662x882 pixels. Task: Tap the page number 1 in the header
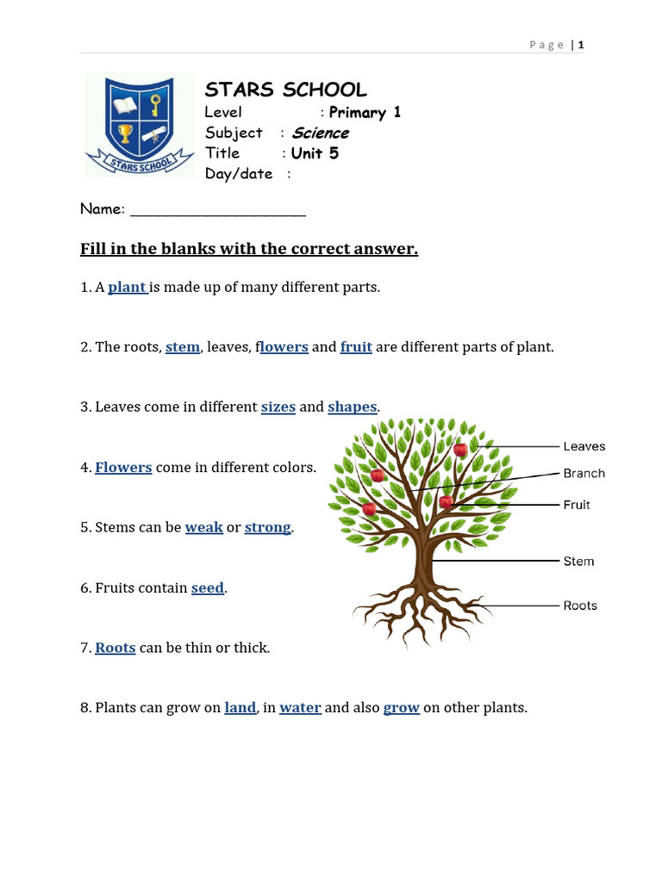pyautogui.click(x=582, y=45)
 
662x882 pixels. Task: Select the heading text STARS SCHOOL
pyautogui.click(x=285, y=90)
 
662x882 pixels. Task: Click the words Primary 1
pyautogui.click(x=365, y=112)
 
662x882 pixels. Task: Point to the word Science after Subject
pyautogui.click(x=320, y=133)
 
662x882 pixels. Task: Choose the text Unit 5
pyautogui.click(x=315, y=153)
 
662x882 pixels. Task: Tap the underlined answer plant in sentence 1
pyautogui.click(x=128, y=287)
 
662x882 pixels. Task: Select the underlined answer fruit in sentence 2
pyautogui.click(x=356, y=347)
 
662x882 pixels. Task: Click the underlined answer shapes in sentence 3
pyautogui.click(x=352, y=407)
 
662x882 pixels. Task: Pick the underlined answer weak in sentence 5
pyautogui.click(x=204, y=527)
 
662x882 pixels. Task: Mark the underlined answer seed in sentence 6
pyautogui.click(x=208, y=587)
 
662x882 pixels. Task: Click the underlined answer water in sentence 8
pyautogui.click(x=300, y=707)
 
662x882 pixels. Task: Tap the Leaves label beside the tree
pyautogui.click(x=584, y=446)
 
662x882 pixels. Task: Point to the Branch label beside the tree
pyautogui.click(x=584, y=473)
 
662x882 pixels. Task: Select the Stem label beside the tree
pyautogui.click(x=578, y=562)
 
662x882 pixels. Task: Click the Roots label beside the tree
pyautogui.click(x=580, y=606)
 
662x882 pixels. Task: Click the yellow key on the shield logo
pyautogui.click(x=155, y=106)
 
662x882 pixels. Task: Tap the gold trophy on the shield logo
pyautogui.click(x=126, y=134)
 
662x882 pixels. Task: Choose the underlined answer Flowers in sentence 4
pyautogui.click(x=123, y=467)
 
